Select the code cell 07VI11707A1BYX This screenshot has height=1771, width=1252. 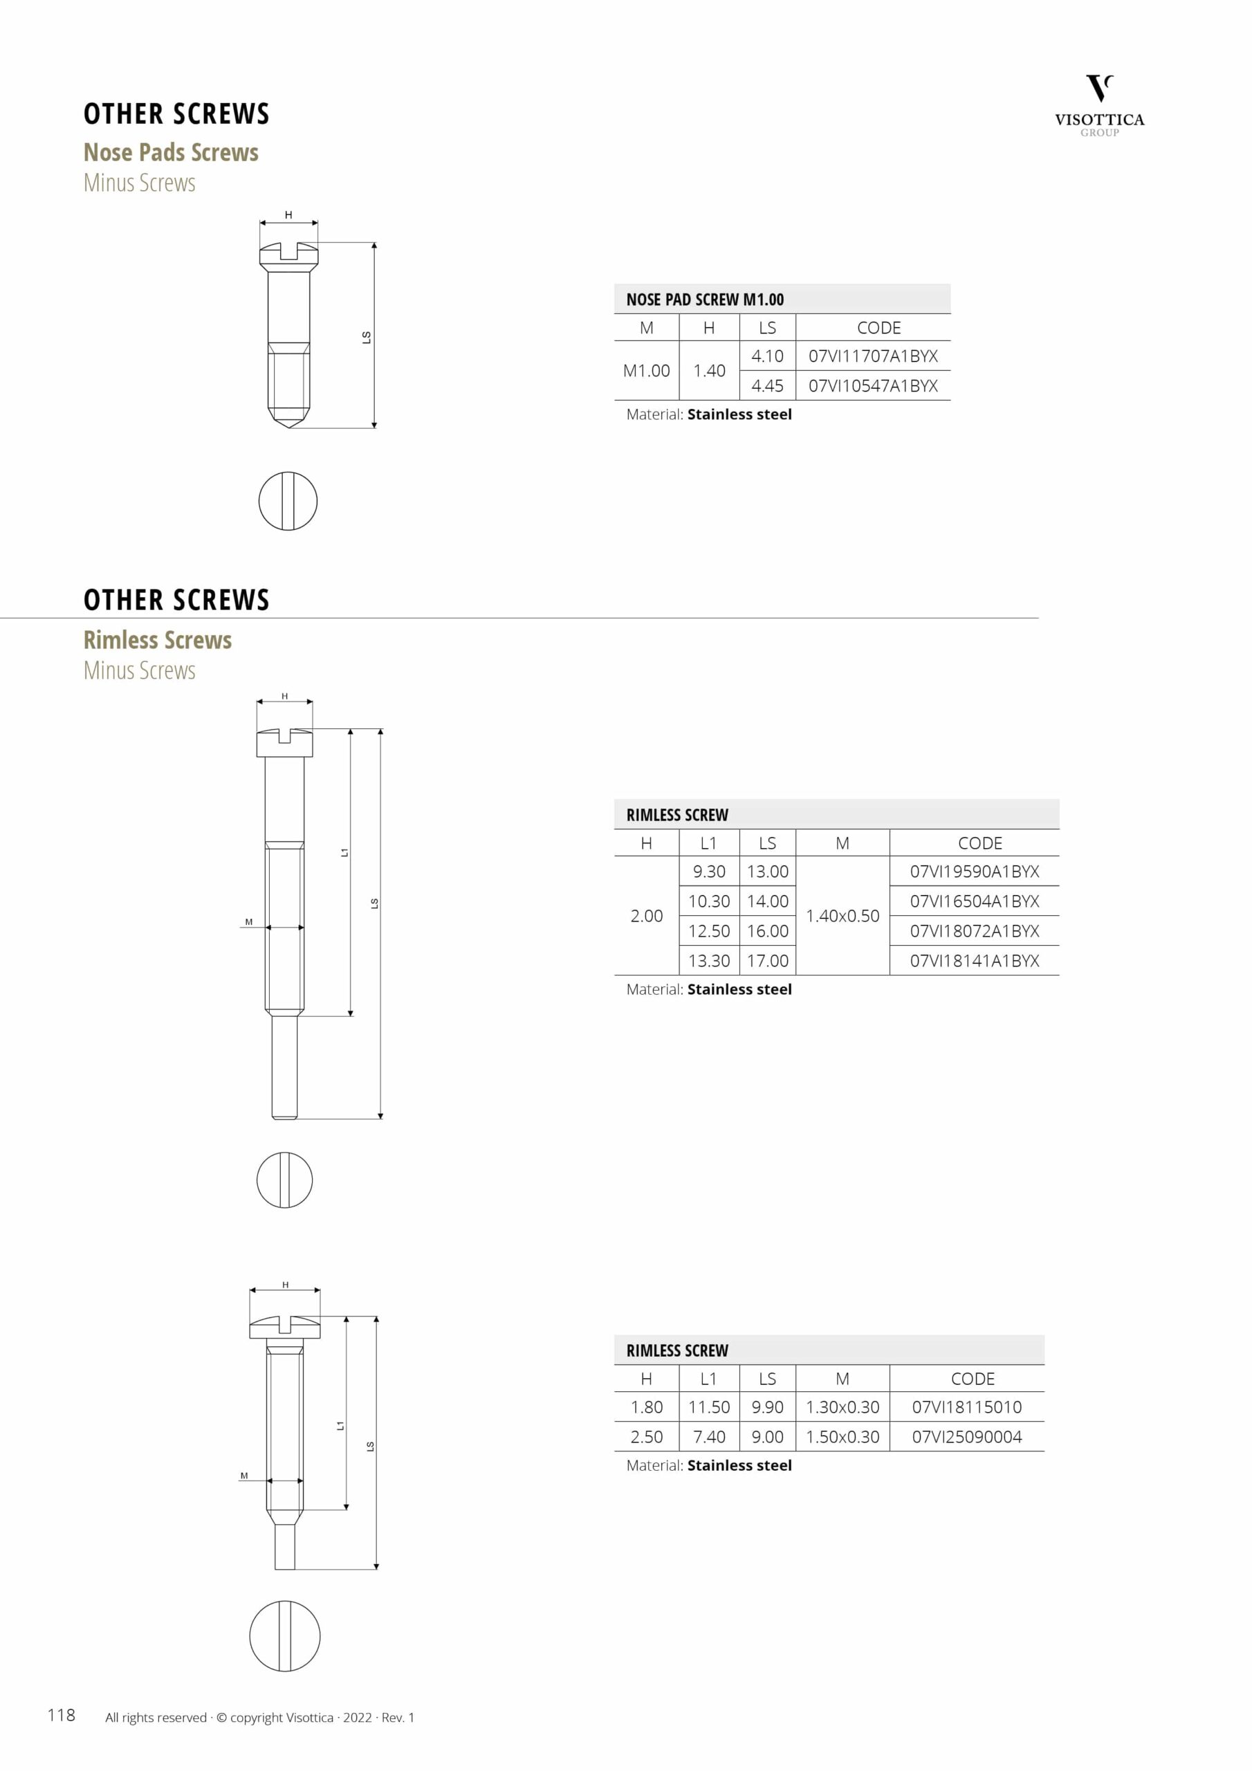pos(872,356)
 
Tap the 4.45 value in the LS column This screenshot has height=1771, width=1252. pos(767,385)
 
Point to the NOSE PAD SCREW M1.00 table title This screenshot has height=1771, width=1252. pos(704,300)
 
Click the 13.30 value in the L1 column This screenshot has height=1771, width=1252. pos(708,960)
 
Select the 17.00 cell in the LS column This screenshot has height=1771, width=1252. pos(767,960)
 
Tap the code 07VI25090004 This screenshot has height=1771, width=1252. pos(966,1436)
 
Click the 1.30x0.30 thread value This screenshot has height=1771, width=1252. pos(842,1407)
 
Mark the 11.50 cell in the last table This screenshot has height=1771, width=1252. pos(708,1407)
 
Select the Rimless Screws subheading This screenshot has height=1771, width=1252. pos(158,639)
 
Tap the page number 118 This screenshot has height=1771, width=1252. pos(61,1715)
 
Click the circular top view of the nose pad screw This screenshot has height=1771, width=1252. pos(288,501)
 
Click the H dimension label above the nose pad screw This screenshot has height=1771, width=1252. pos(288,214)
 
